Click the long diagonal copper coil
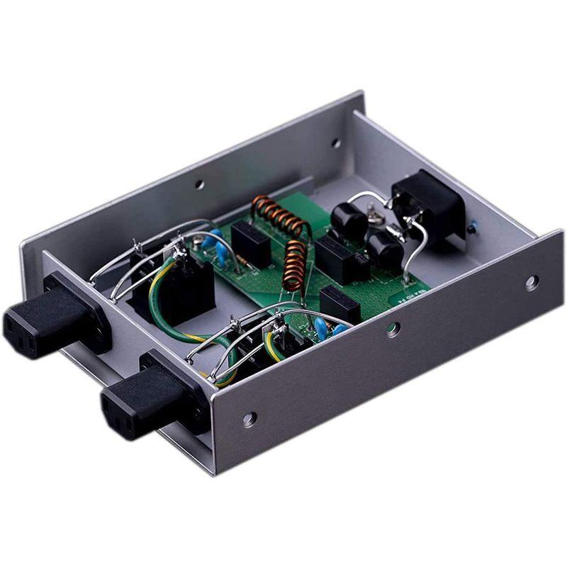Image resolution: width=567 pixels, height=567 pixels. tap(282, 215)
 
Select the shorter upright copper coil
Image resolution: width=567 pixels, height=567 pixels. tap(292, 263)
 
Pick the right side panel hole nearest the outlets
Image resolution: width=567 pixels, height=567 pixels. tap(249, 419)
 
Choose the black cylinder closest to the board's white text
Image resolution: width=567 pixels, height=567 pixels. tap(383, 250)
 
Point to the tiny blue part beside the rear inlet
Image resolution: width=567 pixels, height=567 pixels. tap(471, 228)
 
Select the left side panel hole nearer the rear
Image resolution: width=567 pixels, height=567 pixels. tap(335, 142)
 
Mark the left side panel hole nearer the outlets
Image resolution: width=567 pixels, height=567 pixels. tap(200, 184)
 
